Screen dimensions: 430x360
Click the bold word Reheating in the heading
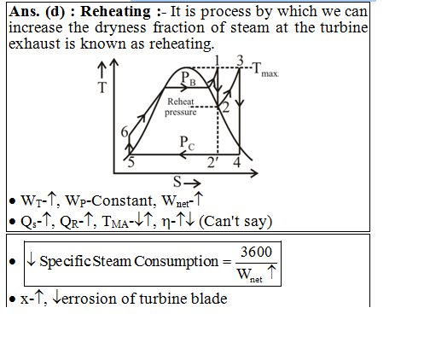tap(116, 12)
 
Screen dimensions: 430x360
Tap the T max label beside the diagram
tap(265, 70)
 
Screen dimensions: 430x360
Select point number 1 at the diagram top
tap(218, 61)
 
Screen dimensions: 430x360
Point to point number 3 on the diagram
tap(241, 61)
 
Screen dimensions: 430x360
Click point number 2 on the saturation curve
tap(226, 107)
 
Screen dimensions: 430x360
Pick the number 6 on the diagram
tap(125, 132)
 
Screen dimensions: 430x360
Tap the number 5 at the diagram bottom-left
tap(131, 162)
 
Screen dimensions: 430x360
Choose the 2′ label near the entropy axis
tap(212, 163)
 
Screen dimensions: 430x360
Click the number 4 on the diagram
tap(237, 162)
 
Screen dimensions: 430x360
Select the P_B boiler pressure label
tap(189, 78)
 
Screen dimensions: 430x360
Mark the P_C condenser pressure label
tap(187, 142)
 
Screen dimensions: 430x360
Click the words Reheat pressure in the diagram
tap(181, 107)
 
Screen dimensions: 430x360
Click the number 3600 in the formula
tap(256, 252)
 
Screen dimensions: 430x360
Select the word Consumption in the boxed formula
tap(176, 261)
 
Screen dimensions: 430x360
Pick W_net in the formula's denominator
tap(249, 275)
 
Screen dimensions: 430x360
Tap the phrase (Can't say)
tap(235, 221)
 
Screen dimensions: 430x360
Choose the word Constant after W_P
tap(124, 200)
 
